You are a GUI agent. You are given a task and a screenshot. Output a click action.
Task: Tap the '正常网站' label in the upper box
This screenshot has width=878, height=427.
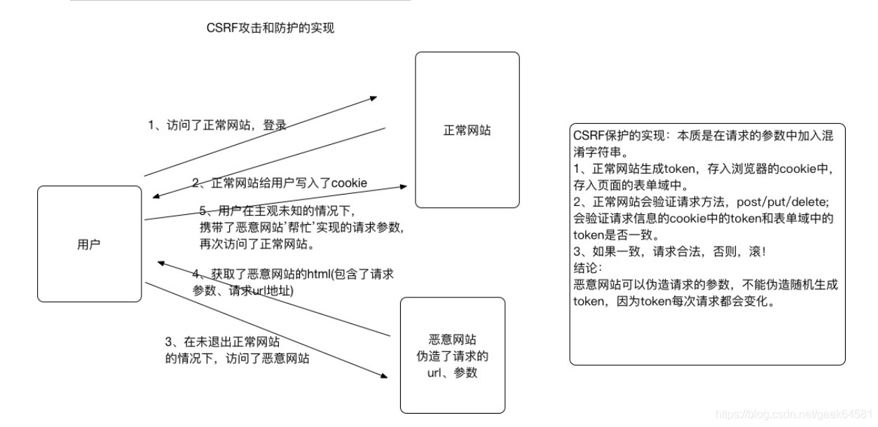tap(467, 130)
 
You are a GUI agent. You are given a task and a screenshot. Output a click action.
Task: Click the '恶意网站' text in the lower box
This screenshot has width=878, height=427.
tap(452, 339)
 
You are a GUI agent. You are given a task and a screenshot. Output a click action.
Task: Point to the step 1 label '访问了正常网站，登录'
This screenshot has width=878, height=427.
tap(218, 125)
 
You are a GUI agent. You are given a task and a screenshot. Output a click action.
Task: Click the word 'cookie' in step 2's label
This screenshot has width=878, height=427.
tap(349, 183)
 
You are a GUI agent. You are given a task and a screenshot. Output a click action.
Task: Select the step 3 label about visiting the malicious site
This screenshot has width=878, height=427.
tap(237, 350)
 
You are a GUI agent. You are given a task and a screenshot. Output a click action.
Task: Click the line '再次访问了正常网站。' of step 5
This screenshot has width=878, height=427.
tap(256, 244)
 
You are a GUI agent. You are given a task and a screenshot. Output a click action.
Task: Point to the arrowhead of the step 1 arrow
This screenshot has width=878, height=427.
tap(374, 98)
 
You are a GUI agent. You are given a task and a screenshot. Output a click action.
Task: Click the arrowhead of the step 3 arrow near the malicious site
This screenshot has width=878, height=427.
tap(383, 376)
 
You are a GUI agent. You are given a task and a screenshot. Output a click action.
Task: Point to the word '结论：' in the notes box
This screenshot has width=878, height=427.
tap(588, 268)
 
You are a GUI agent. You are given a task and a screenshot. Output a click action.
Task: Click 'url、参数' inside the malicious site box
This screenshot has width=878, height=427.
tap(452, 372)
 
